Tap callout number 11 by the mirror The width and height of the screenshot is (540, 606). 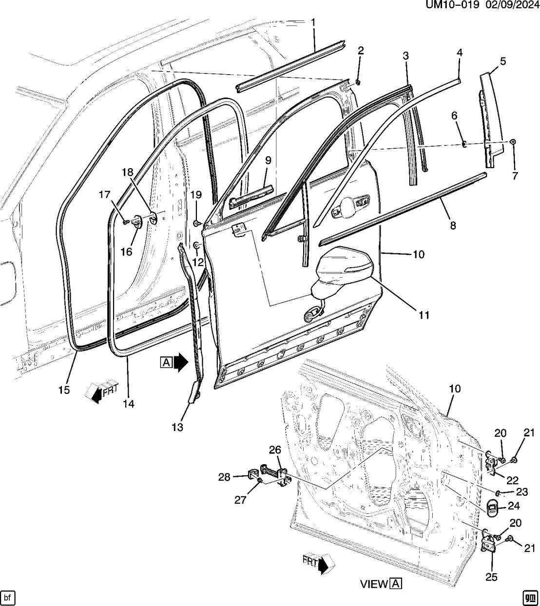coord(424,315)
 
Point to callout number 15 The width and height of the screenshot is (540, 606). coord(64,390)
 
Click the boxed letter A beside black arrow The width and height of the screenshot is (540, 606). coord(166,362)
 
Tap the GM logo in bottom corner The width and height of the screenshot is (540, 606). coord(530,597)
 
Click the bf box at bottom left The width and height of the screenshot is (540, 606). coord(8,597)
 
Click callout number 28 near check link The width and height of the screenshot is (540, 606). coord(224,477)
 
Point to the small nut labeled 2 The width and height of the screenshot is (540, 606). coord(358,81)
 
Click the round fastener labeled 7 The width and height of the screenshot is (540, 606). coord(514,141)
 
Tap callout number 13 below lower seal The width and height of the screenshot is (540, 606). coord(177,428)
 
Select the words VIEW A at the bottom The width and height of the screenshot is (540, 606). coord(381,584)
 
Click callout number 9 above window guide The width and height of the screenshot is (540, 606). coord(268,160)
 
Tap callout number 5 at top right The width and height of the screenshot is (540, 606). coord(502,61)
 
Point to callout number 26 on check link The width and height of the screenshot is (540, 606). coord(275,450)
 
